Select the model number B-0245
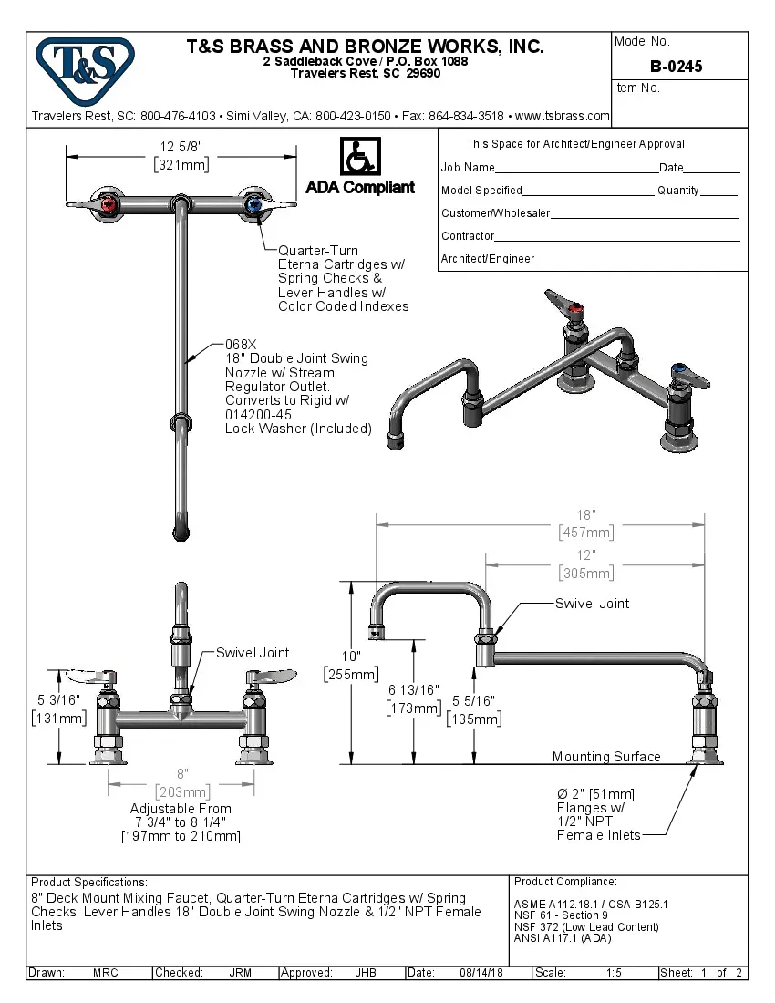676,66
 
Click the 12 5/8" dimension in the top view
181,156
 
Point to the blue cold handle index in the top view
253,206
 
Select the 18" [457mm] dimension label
586,523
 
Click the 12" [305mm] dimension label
585,564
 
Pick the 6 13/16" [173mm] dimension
415,698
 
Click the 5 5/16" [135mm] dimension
473,709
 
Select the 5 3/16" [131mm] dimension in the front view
59,708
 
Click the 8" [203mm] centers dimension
182,782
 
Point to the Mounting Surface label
605,757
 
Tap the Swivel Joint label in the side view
592,604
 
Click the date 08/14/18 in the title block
480,973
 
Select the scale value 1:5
614,973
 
